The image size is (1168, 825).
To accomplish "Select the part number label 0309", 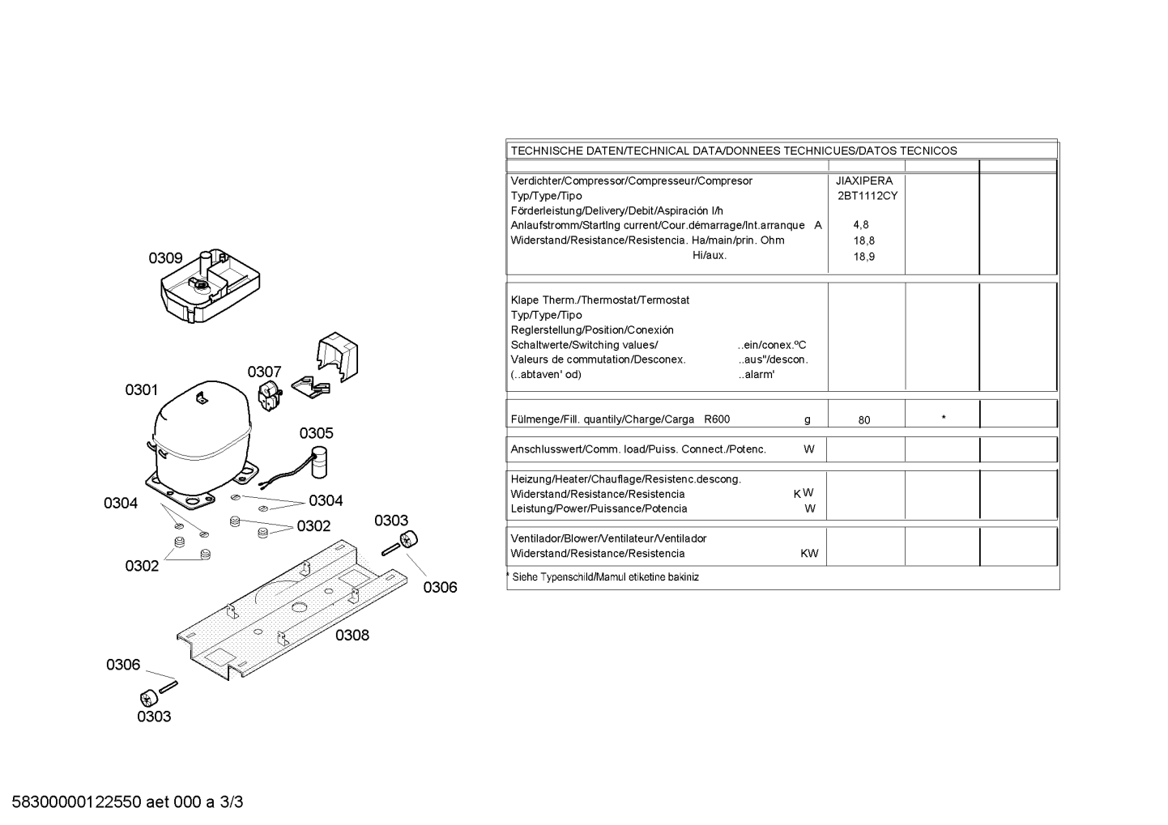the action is coord(165,258).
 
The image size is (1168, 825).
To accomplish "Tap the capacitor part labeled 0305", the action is coord(318,462).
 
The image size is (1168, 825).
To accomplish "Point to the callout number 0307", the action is coord(264,372).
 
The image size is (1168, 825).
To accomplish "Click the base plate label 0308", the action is coord(352,635).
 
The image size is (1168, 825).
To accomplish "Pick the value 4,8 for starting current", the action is coord(861,224).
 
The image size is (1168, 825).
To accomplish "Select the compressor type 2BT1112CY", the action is coord(867,196).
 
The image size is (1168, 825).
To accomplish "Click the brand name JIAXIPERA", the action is coord(864,181).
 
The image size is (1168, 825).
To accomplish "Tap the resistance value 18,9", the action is coord(864,257).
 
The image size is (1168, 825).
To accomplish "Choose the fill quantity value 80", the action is coord(864,420).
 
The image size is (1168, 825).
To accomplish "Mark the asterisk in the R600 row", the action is coord(944,418).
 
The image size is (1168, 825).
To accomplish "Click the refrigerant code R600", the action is coord(717,419).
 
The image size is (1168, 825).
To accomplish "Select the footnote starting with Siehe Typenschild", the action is coord(603,577).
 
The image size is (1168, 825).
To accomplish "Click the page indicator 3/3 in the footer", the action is coord(232,802).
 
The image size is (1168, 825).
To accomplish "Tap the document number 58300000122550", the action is coord(77,802).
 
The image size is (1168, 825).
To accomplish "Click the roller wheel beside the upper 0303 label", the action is coord(408,539).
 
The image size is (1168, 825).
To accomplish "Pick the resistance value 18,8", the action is coord(864,240).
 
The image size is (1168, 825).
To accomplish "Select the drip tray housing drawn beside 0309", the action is coord(210,286).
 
